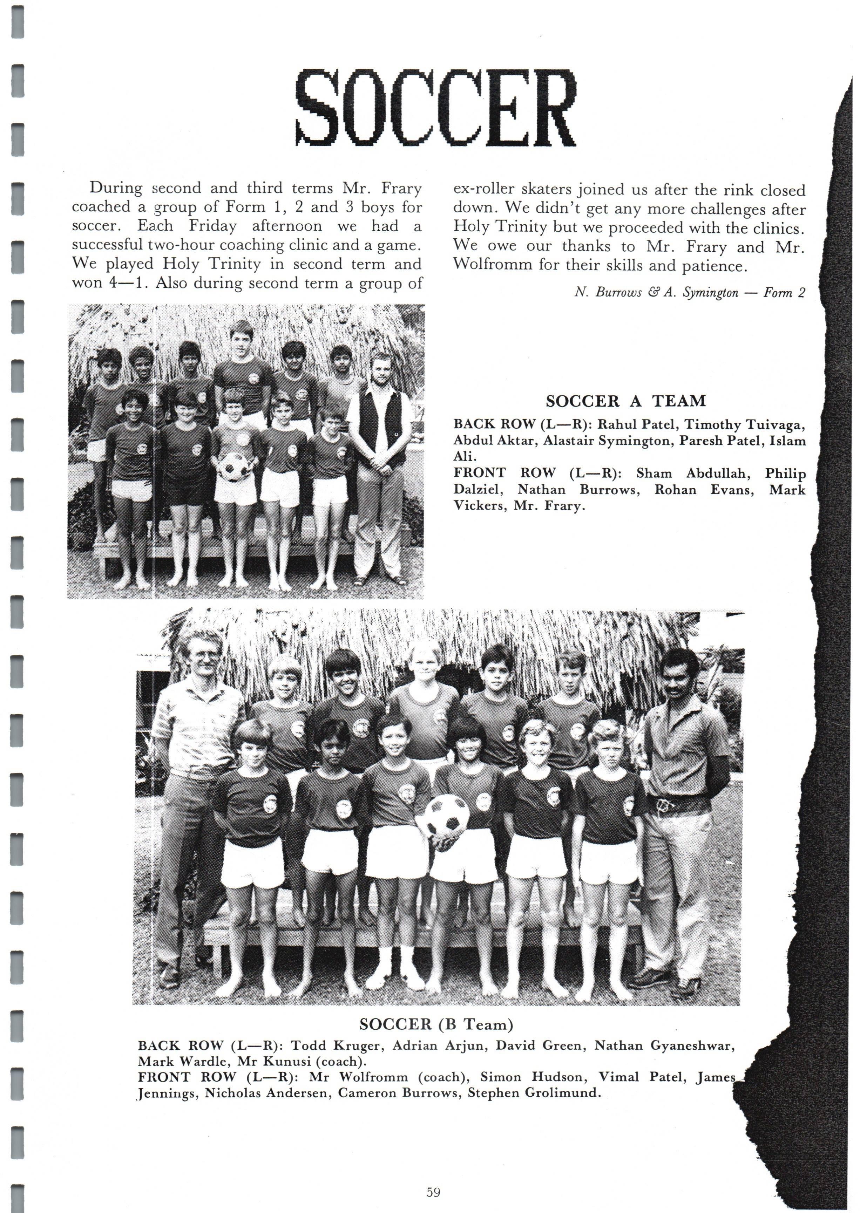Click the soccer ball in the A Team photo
[x=233, y=466]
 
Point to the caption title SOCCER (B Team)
[x=436, y=1024]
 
